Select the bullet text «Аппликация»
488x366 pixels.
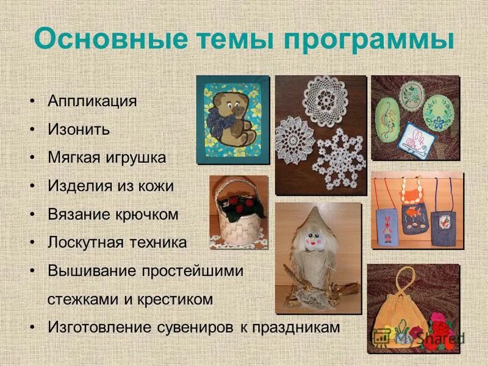click(92, 101)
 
